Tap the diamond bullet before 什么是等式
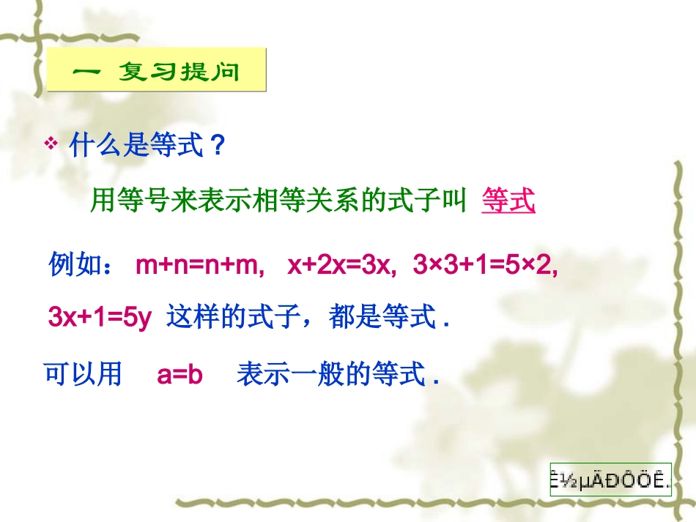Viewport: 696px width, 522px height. (52, 144)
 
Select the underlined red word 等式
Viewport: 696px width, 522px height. (508, 200)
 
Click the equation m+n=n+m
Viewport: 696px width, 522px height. (200, 265)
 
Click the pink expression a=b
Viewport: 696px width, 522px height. (179, 375)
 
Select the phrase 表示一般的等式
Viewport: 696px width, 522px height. (331, 375)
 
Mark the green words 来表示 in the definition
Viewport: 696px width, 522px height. (210, 200)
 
